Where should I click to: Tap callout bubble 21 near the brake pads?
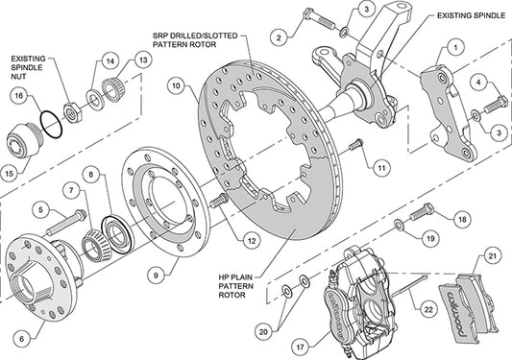point(491,255)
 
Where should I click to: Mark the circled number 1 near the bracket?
point(454,45)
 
